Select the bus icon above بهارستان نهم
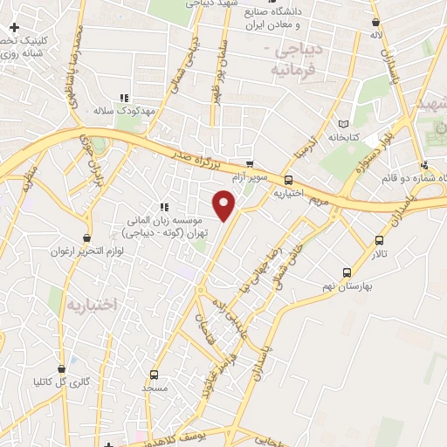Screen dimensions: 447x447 347,272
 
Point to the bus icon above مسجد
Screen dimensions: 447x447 155,374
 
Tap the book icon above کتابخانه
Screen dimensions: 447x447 354,125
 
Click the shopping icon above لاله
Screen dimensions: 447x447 375,23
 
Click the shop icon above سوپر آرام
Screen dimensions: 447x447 250,164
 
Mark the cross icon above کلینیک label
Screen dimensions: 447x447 14,28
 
